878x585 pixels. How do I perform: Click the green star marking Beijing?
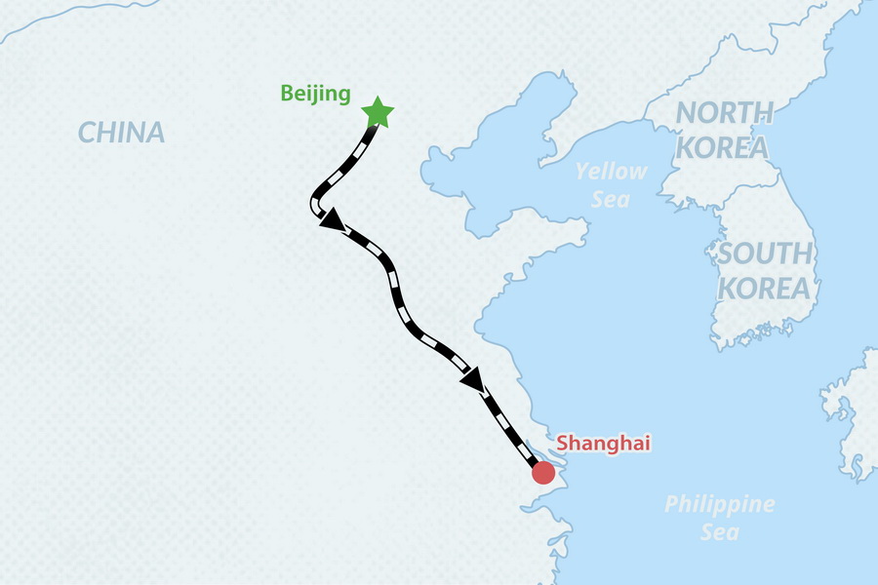378,113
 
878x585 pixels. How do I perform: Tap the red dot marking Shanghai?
542,473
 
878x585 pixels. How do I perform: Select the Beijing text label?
315,94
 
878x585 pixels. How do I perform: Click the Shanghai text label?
603,444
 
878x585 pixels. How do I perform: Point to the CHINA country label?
121,133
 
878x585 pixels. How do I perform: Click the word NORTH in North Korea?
724,113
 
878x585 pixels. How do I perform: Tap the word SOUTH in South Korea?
765,254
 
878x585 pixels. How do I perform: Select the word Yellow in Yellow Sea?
611,172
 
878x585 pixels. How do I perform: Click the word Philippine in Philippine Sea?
720,505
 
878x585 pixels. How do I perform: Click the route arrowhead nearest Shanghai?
472,379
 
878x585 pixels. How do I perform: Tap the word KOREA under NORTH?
721,148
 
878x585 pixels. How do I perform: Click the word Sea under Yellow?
611,200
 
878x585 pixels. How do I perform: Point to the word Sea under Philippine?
720,533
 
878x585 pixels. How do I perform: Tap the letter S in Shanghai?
563,444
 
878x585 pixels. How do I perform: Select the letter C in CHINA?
86,133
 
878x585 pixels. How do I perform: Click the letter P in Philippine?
671,505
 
